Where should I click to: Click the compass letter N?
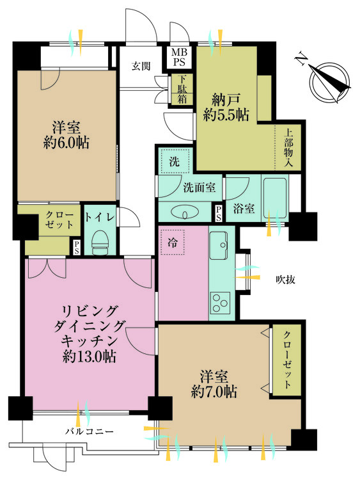click(300, 60)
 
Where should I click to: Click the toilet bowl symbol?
click(100, 243)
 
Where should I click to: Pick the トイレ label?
click(100, 218)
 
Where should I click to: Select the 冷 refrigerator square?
click(172, 241)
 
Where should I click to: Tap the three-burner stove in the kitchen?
click(222, 301)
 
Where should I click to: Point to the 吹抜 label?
click(285, 279)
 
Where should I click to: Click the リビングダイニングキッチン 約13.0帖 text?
click(90, 333)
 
